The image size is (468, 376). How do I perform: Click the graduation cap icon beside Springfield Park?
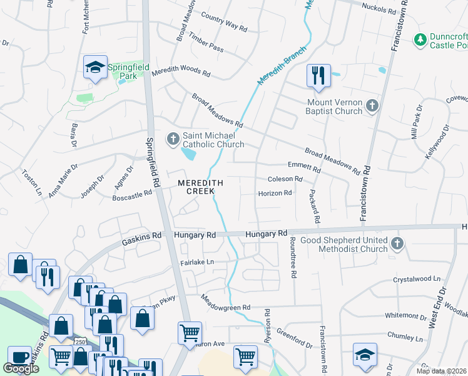[94, 68]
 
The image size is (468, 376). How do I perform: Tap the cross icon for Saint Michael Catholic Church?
[173, 138]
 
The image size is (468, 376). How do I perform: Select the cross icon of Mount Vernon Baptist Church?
[372, 105]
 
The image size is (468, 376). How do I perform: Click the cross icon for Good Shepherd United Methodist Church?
[396, 243]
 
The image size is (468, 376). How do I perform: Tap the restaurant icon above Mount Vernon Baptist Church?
[318, 76]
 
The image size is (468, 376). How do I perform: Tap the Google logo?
[21, 368]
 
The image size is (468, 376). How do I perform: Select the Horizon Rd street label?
[275, 193]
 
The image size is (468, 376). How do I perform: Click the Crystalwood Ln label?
[417, 278]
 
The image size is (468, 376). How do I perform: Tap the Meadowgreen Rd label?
[225, 308]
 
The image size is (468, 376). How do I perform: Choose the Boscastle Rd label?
[132, 194]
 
